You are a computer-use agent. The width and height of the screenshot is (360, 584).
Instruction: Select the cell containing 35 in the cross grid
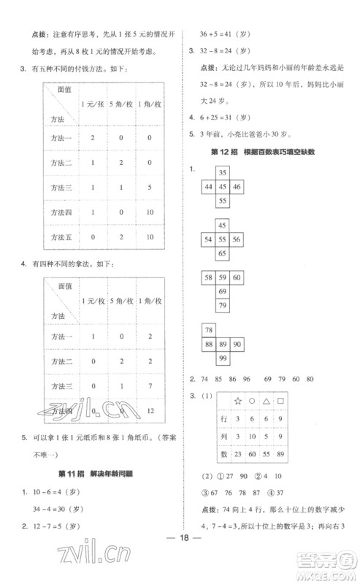223,173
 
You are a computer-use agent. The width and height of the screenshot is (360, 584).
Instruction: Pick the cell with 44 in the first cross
208,187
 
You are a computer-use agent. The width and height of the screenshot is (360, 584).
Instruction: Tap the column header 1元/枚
91,302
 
